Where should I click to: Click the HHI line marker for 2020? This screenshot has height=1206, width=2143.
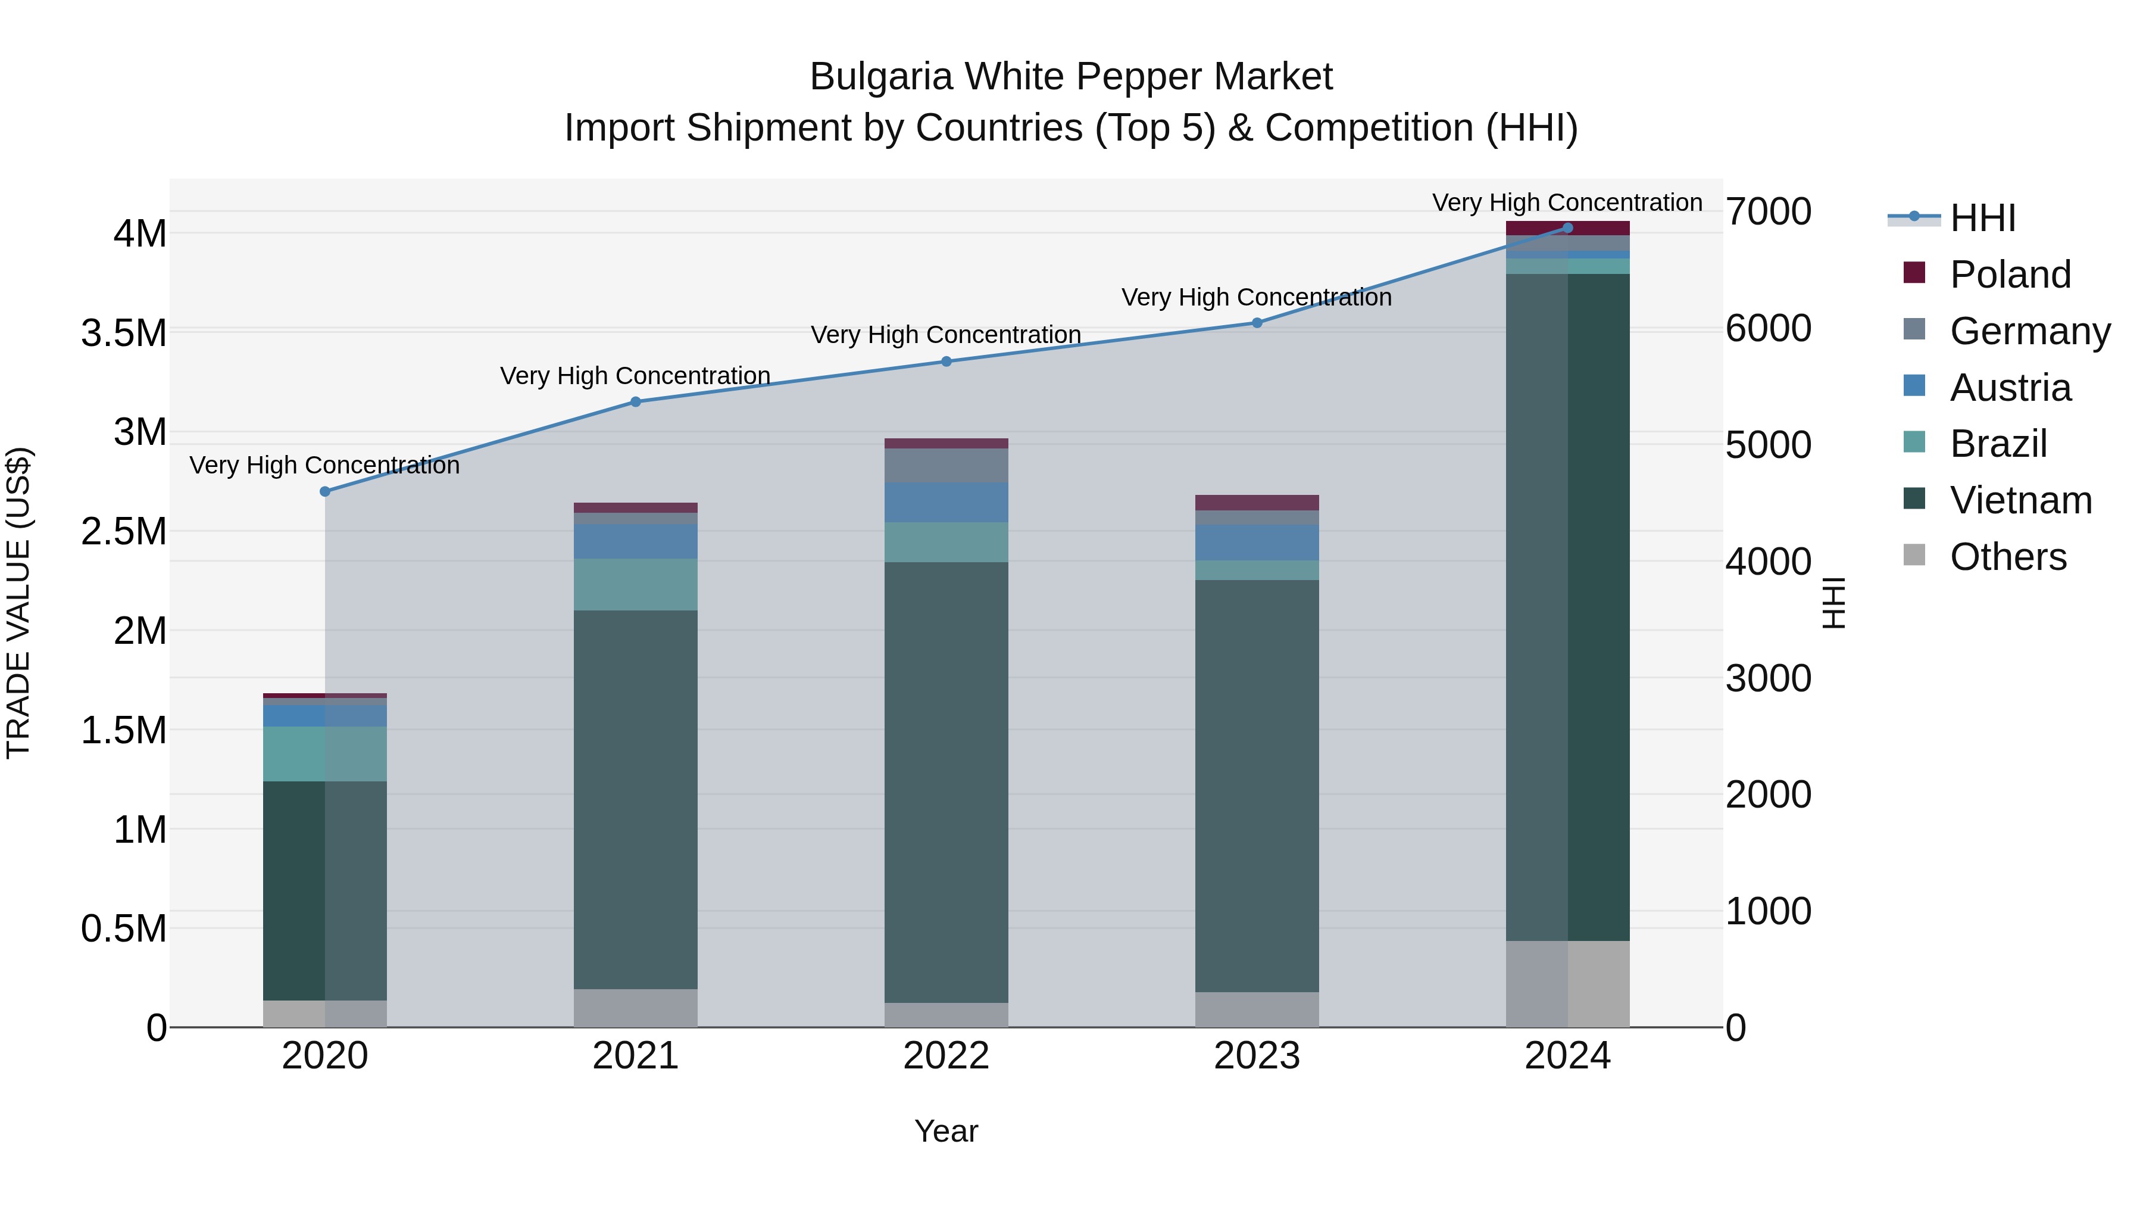[325, 492]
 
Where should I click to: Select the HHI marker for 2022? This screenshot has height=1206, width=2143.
[946, 362]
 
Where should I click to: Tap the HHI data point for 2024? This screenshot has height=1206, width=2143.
[1567, 228]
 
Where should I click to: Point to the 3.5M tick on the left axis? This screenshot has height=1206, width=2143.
[124, 333]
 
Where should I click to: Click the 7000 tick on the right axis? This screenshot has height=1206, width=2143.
[1768, 211]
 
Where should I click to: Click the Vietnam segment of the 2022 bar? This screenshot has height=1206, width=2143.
[946, 783]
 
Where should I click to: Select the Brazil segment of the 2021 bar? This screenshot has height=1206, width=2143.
[636, 584]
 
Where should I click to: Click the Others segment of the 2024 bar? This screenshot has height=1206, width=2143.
[1567, 984]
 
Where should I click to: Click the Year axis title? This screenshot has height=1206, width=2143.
[946, 1131]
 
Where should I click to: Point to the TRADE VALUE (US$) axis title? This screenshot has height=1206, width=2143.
[18, 603]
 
